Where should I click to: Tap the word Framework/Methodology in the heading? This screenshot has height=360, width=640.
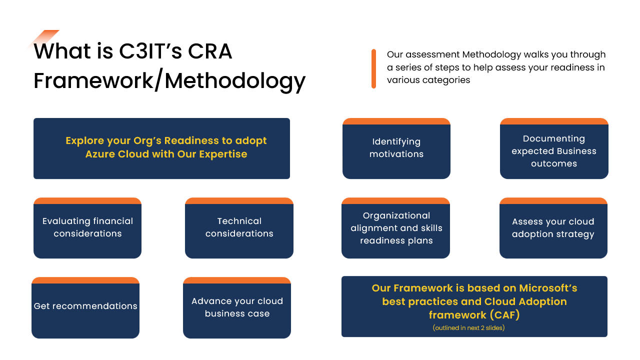[169, 80]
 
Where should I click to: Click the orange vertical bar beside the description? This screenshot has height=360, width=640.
[373, 69]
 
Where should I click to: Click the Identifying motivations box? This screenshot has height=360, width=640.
[396, 148]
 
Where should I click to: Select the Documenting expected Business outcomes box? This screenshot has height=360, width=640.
[554, 148]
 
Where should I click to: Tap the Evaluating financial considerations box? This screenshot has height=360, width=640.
[87, 228]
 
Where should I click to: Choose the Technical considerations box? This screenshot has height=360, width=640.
[239, 228]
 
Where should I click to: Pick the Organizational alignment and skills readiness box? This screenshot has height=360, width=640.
[395, 228]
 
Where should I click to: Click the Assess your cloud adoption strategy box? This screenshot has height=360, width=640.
[553, 228]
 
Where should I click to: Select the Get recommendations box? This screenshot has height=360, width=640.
[85, 307]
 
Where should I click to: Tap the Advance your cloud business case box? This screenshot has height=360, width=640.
[237, 307]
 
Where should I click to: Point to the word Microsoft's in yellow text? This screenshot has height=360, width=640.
[548, 288]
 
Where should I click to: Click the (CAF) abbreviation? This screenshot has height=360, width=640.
[504, 315]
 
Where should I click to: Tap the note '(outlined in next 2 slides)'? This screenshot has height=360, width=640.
[468, 327]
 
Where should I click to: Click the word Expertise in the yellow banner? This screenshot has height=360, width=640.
[223, 154]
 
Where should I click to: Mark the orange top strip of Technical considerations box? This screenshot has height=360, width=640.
[239, 200]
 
